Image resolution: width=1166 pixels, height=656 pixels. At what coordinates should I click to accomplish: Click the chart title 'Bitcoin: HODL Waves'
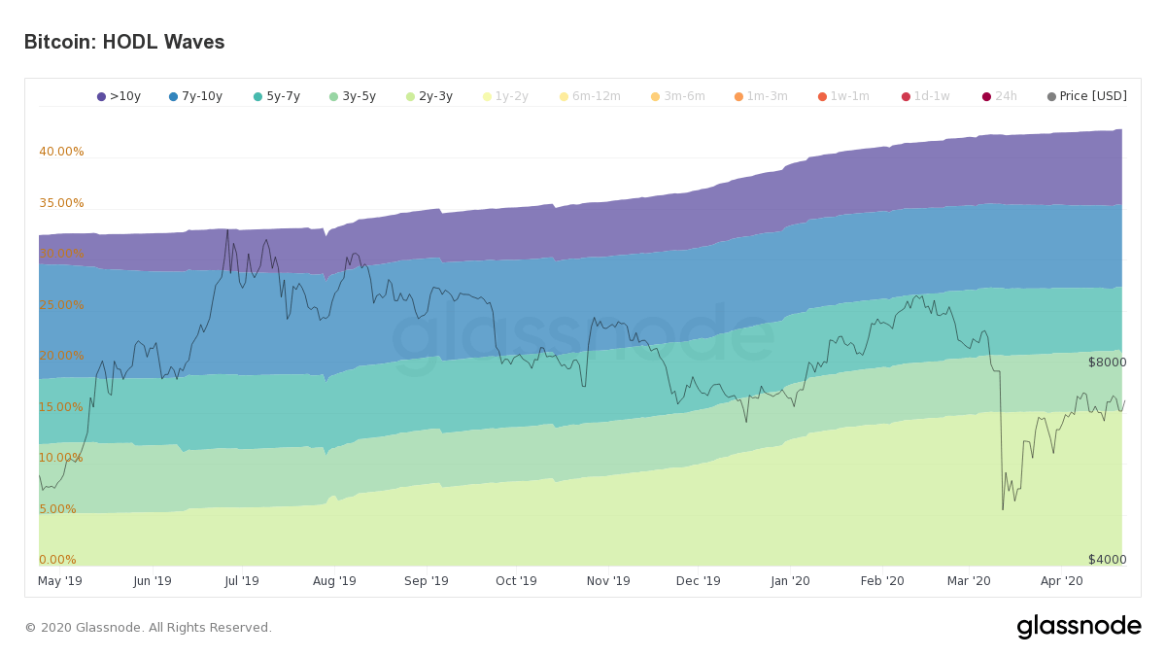pos(124,43)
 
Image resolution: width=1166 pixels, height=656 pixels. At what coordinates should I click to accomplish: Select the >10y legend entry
pos(119,96)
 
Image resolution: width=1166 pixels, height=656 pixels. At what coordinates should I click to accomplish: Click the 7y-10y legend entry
pos(195,96)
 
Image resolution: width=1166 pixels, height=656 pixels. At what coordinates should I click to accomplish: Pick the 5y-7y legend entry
pos(277,96)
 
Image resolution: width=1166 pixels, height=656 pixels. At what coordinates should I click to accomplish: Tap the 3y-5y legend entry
pos(353,96)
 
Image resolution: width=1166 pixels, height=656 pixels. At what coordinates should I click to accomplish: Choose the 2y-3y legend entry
pos(429,96)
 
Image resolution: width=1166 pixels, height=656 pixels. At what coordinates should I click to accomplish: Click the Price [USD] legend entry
pos(1087,96)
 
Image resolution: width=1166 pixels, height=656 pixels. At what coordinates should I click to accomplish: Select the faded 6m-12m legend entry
pos(590,96)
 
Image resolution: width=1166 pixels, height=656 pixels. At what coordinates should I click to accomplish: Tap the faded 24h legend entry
pos(1000,96)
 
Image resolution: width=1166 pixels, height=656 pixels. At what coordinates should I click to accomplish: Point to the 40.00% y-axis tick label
pos(61,152)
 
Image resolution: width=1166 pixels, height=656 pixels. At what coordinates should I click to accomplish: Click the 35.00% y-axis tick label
pos(61,203)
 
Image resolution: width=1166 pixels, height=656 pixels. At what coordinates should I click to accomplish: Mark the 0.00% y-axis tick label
pos(57,560)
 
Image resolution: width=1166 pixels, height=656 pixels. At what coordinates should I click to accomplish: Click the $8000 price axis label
pos(1107,363)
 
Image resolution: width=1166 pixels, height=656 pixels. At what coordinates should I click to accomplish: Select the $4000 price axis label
pos(1107,560)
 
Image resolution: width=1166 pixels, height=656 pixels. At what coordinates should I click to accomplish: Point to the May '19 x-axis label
pos(60,581)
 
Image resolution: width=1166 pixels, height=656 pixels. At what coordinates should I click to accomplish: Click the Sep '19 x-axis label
pos(427,581)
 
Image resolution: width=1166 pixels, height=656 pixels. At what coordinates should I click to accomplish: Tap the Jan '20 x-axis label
pos(790,581)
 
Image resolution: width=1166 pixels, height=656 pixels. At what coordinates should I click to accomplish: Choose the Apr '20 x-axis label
pos(1061,581)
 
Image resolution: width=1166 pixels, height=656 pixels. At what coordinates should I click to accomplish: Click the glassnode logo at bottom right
pos(1079,627)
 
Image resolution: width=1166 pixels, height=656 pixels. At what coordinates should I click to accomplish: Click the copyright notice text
pos(148,628)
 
